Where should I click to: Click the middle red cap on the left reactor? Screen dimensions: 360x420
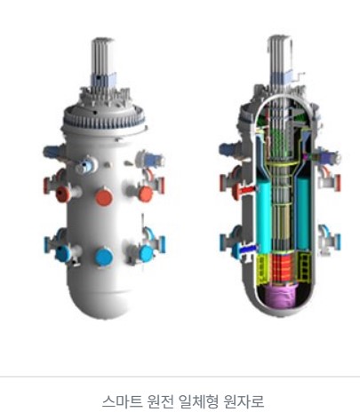pos(104,197)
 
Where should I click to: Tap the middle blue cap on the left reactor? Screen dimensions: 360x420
pos(104,257)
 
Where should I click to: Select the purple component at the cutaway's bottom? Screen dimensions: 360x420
pos(280,296)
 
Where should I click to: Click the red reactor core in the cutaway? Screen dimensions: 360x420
pos(281,268)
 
